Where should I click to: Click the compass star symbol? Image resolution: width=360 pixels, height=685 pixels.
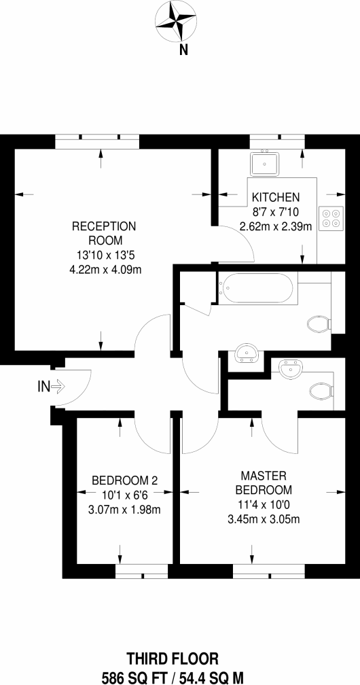tap(176, 20)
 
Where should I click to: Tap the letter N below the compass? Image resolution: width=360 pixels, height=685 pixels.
tap(184, 51)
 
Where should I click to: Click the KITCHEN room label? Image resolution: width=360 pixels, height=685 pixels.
tap(276, 197)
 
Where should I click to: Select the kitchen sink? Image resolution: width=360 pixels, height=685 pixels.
tap(264, 164)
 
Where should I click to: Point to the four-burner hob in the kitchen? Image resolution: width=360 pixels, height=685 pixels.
tap(331, 218)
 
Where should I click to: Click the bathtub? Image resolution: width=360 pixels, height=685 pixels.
tap(257, 288)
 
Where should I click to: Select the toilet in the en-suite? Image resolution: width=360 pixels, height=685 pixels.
tap(321, 391)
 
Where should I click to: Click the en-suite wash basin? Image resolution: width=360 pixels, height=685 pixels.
tap(289, 369)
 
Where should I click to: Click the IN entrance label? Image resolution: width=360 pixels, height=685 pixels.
tap(43, 386)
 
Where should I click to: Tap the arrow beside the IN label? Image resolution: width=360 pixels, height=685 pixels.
tap(58, 386)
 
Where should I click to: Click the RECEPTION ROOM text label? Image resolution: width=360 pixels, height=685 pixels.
tap(104, 233)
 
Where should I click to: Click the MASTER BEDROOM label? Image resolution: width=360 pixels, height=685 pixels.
tap(263, 482)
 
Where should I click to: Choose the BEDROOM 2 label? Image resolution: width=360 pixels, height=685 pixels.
tap(124, 481)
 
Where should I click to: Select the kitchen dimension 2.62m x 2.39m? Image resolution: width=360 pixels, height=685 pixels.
tap(276, 226)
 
